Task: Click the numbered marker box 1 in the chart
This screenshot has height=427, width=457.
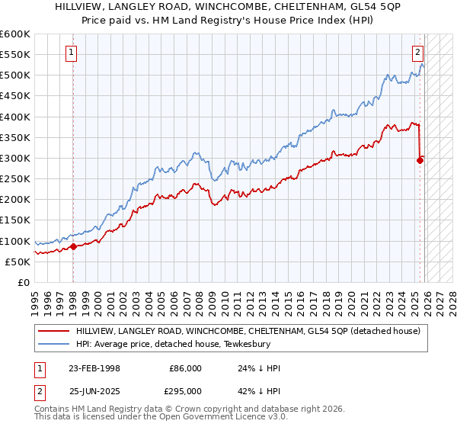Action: tap(71, 53)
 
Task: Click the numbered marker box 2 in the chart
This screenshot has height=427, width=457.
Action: tap(418, 53)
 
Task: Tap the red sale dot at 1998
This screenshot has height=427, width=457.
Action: tap(73, 246)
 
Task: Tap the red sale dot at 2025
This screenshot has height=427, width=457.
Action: tap(420, 160)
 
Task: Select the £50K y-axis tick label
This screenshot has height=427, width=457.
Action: tap(18, 262)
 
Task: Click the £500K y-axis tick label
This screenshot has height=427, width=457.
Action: tap(14, 75)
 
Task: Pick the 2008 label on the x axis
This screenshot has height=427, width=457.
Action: tap(197, 300)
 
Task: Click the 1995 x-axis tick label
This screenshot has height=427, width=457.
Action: tap(34, 300)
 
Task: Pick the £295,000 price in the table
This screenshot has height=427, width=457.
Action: tap(185, 390)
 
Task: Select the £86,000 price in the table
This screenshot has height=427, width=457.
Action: tap(185, 368)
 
